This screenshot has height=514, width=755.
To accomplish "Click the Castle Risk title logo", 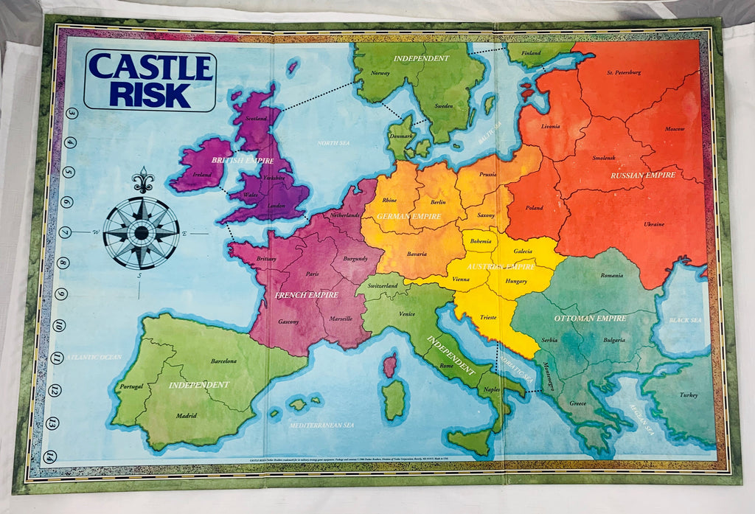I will coord(150,80).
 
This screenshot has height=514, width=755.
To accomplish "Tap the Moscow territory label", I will coord(675,128).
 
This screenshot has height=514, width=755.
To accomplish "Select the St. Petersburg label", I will coord(624,72).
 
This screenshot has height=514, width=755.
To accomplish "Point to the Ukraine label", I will coord(653,223).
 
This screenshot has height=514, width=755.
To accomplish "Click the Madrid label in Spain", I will coord(186,415).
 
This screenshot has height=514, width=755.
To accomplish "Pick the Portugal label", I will coord(131,386).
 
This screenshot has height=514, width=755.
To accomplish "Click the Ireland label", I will coord(203,175).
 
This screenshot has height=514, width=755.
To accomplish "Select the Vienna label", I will coord(461,279).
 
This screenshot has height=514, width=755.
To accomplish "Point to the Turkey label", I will coord(689,395).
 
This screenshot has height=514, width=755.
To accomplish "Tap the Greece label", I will coord(577,403).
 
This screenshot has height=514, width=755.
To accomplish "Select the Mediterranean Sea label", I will coord(322,426).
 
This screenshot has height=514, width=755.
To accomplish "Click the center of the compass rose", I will coord(141,233).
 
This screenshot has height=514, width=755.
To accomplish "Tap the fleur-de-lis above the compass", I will coord(142,180).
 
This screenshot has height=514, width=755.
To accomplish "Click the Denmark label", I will coord(402,136).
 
